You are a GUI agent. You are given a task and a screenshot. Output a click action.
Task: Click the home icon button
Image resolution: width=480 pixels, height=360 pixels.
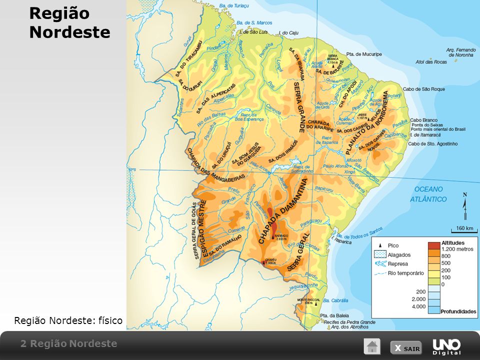pyautogui.click(x=371, y=346)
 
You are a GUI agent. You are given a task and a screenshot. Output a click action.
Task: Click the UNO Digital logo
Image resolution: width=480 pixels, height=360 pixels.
pyautogui.click(x=446, y=346)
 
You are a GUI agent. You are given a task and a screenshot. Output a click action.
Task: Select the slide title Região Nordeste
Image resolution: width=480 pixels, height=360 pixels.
pyautogui.click(x=69, y=22)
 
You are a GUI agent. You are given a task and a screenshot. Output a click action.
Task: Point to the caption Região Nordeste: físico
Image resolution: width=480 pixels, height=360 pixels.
pyautogui.click(x=68, y=320)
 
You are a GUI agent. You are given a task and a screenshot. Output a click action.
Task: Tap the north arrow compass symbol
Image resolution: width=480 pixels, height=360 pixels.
pyautogui.click(x=465, y=205)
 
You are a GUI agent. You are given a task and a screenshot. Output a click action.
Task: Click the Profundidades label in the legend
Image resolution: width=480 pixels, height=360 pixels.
pyautogui.click(x=457, y=311)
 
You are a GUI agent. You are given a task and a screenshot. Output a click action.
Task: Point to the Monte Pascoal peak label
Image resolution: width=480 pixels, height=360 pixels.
pyautogui.click(x=309, y=301)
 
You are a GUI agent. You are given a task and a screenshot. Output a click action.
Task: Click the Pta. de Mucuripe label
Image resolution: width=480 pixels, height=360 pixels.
pyautogui.click(x=364, y=54)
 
